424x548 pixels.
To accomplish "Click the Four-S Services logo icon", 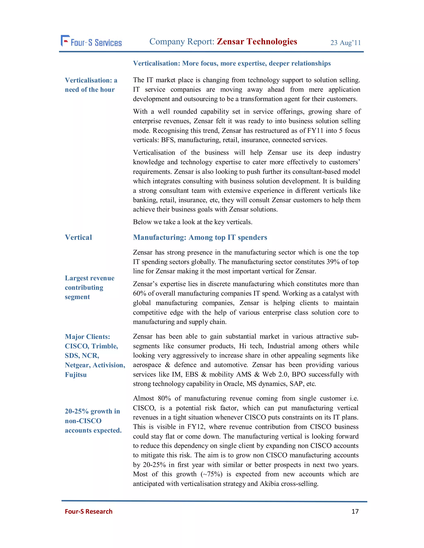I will [x=65, y=41].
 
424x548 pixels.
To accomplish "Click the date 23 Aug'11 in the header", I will [x=345, y=43].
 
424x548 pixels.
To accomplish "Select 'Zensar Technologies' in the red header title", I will [x=257, y=41].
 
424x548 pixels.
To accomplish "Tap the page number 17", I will [x=355, y=511].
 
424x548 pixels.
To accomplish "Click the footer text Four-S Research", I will [x=88, y=511].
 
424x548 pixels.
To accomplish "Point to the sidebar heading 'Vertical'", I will [x=78, y=237].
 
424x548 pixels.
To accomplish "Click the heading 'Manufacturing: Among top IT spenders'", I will [x=200, y=237].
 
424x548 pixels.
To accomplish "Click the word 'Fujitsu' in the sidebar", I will [x=76, y=375].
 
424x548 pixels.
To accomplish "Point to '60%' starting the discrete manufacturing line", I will [x=139, y=293].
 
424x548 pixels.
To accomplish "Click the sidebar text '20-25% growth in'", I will [x=92, y=411].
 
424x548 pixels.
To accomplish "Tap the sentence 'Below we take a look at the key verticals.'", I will [x=192, y=222].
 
